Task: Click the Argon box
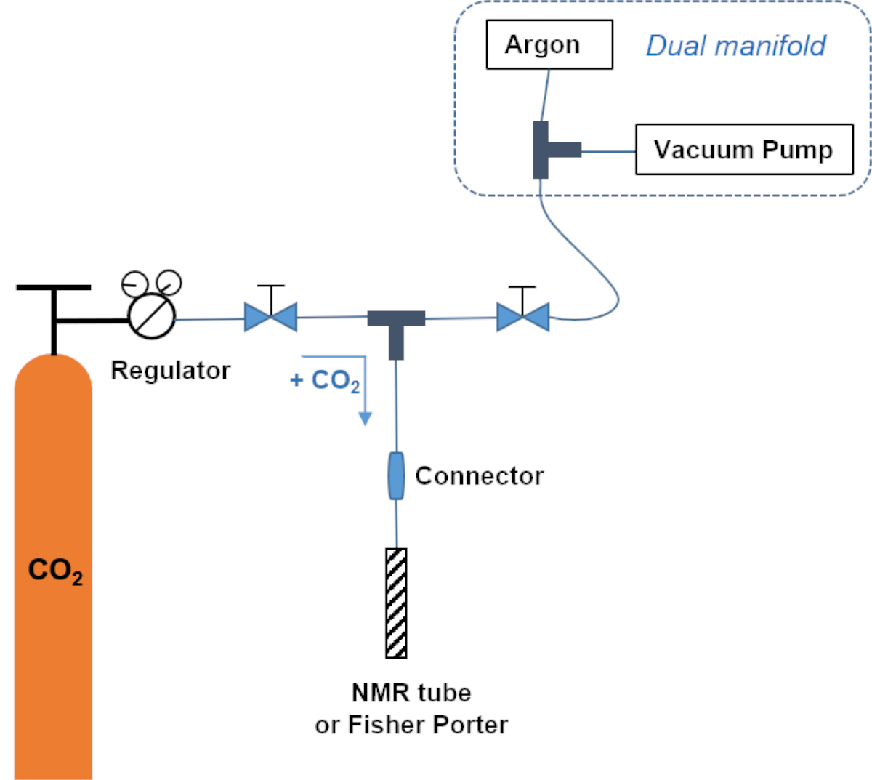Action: click(x=549, y=45)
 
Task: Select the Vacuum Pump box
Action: click(x=743, y=150)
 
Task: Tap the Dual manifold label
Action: click(x=735, y=46)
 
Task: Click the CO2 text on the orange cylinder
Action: click(x=54, y=571)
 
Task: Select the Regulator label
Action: click(x=170, y=371)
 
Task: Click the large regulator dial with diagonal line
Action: click(x=152, y=315)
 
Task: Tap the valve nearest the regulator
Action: click(x=270, y=317)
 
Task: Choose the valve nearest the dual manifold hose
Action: click(x=522, y=318)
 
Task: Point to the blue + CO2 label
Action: click(x=325, y=380)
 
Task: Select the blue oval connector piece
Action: click(x=396, y=475)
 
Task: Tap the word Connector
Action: click(x=479, y=476)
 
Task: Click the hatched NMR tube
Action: click(x=396, y=603)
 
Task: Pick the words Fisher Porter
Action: click(x=428, y=725)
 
